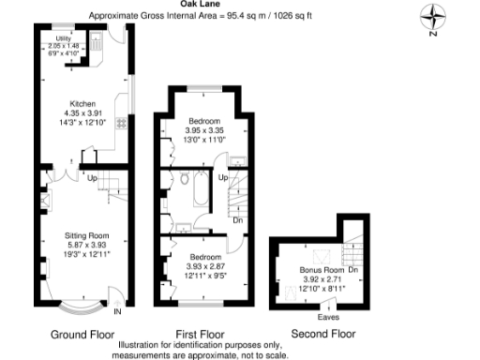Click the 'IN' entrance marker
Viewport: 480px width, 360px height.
pos(116,311)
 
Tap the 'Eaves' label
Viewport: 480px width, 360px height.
pos(328,318)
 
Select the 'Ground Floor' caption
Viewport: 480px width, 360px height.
pos(82,334)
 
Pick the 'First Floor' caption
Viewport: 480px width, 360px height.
pos(200,334)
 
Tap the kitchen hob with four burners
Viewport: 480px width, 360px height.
pos(121,123)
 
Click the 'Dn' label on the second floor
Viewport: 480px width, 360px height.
pos(352,270)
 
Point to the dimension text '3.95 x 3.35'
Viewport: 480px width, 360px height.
pos(204,131)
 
